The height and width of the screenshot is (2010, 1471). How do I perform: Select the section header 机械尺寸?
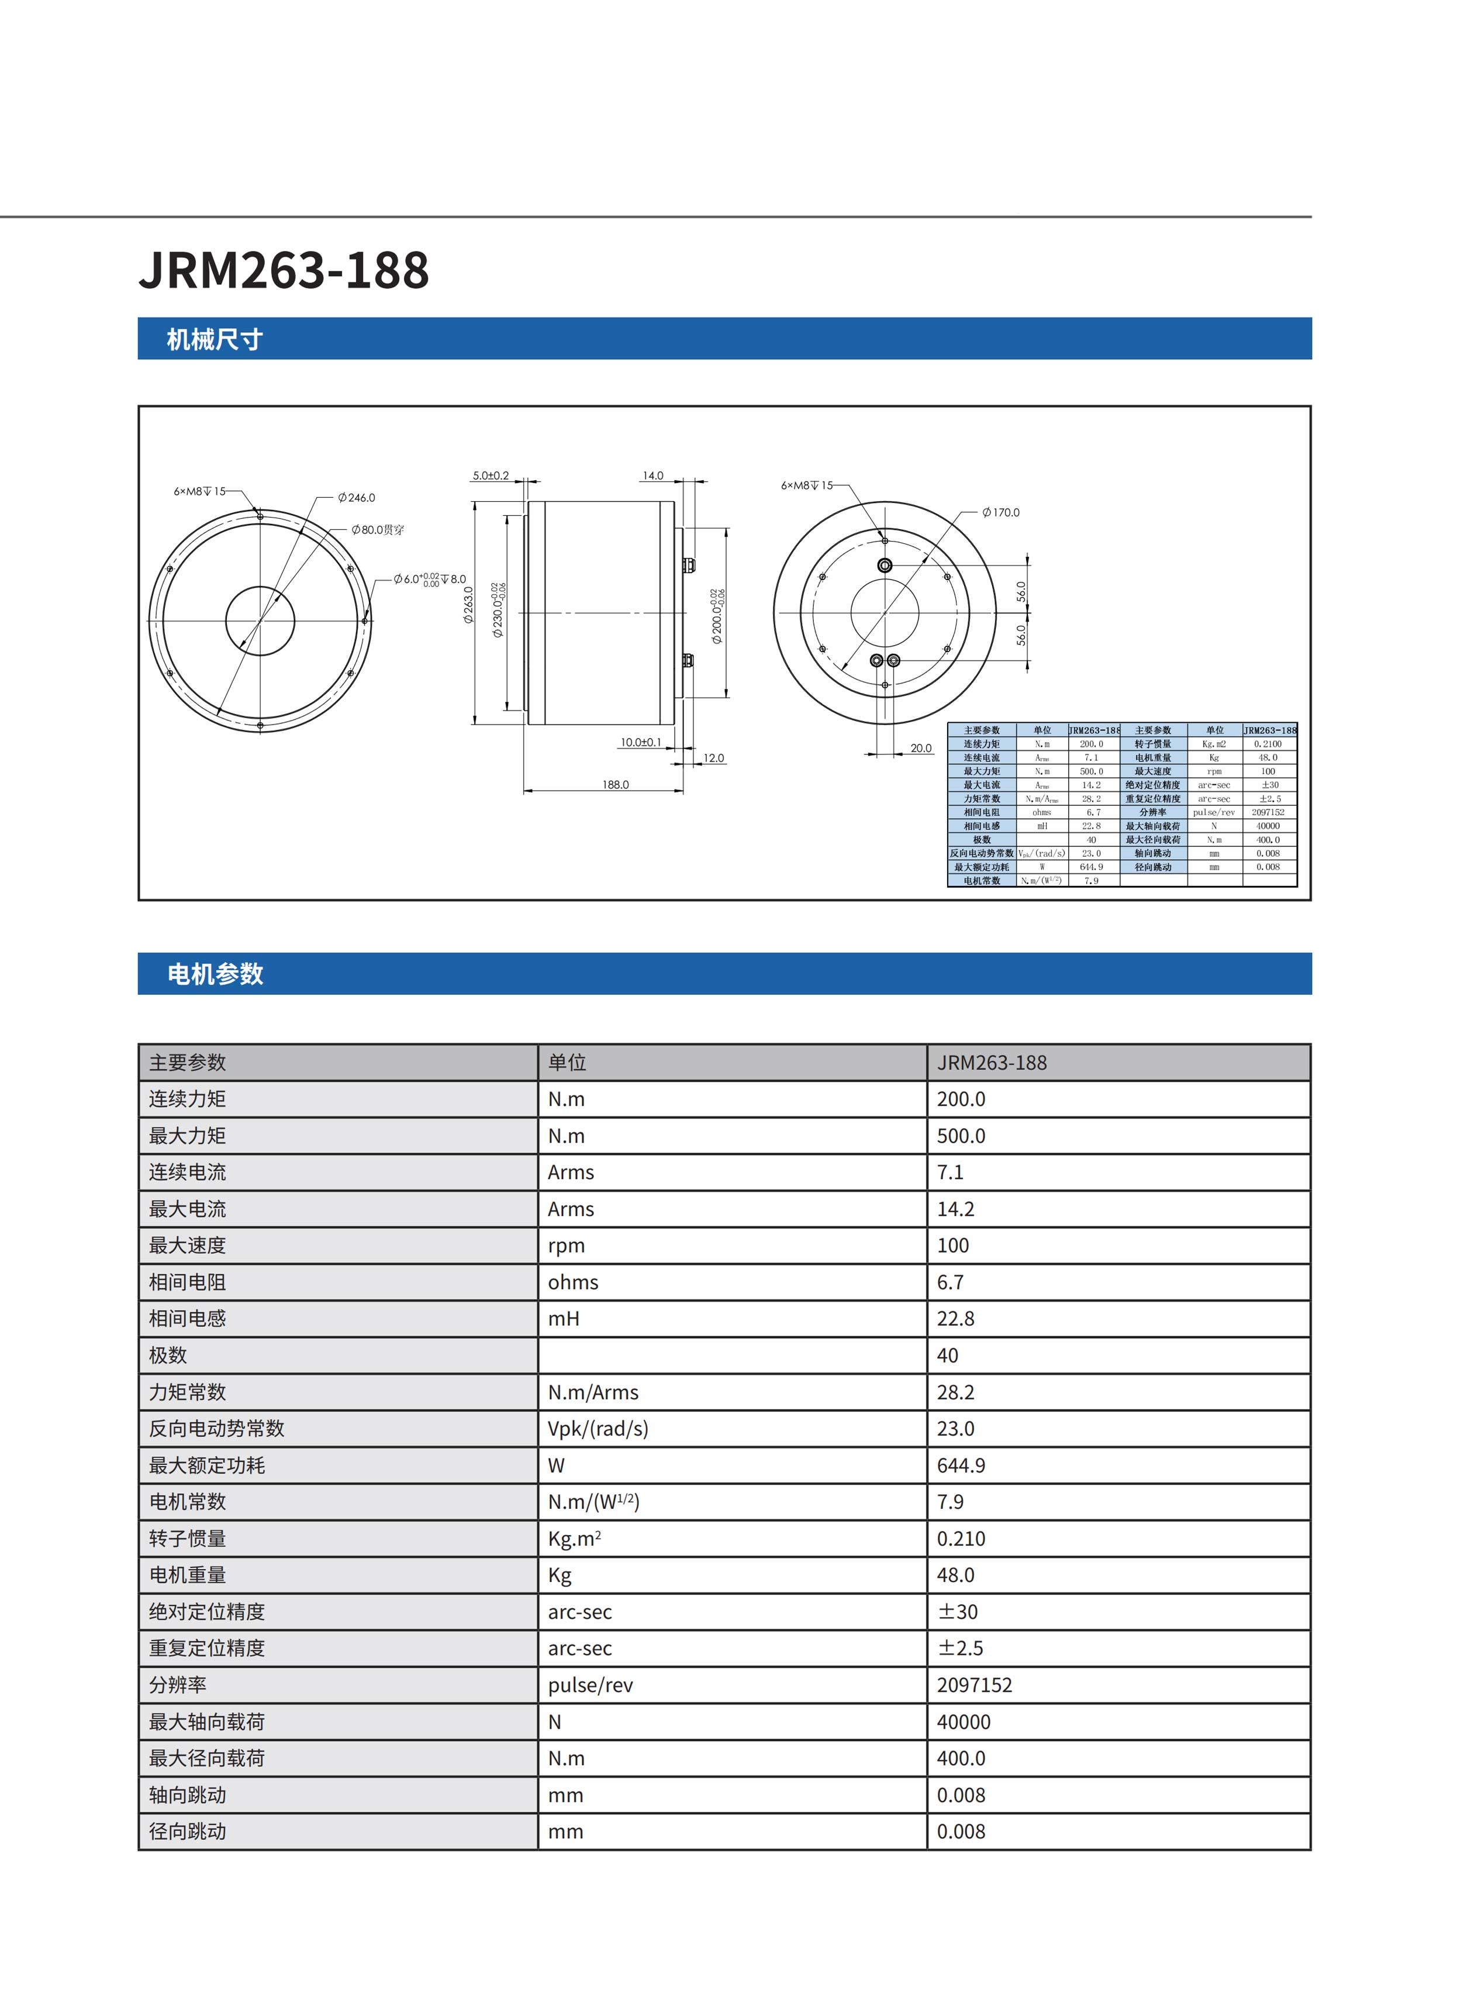click(214, 339)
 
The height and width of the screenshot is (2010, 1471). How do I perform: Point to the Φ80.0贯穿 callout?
click(378, 530)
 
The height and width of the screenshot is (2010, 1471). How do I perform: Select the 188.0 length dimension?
click(615, 785)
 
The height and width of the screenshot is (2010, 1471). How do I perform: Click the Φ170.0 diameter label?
click(1001, 512)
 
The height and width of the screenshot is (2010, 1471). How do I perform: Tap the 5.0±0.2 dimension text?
click(491, 475)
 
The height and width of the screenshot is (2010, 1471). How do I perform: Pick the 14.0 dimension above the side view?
click(652, 475)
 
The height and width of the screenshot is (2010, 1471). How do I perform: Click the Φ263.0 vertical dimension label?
click(468, 605)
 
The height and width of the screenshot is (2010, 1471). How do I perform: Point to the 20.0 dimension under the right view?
click(921, 748)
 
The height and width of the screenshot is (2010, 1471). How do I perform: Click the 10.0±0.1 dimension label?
click(641, 742)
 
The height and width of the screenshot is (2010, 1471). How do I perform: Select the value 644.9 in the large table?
click(961, 1465)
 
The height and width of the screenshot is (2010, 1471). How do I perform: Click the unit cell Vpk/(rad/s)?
click(598, 1429)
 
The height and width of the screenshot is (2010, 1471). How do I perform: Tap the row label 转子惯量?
click(187, 1538)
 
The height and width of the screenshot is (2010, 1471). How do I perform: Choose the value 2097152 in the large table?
click(974, 1685)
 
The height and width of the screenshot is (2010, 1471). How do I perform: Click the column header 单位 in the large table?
click(567, 1063)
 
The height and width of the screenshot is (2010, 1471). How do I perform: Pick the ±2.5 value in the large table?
click(960, 1647)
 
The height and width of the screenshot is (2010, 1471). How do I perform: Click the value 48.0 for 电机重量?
click(955, 1574)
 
